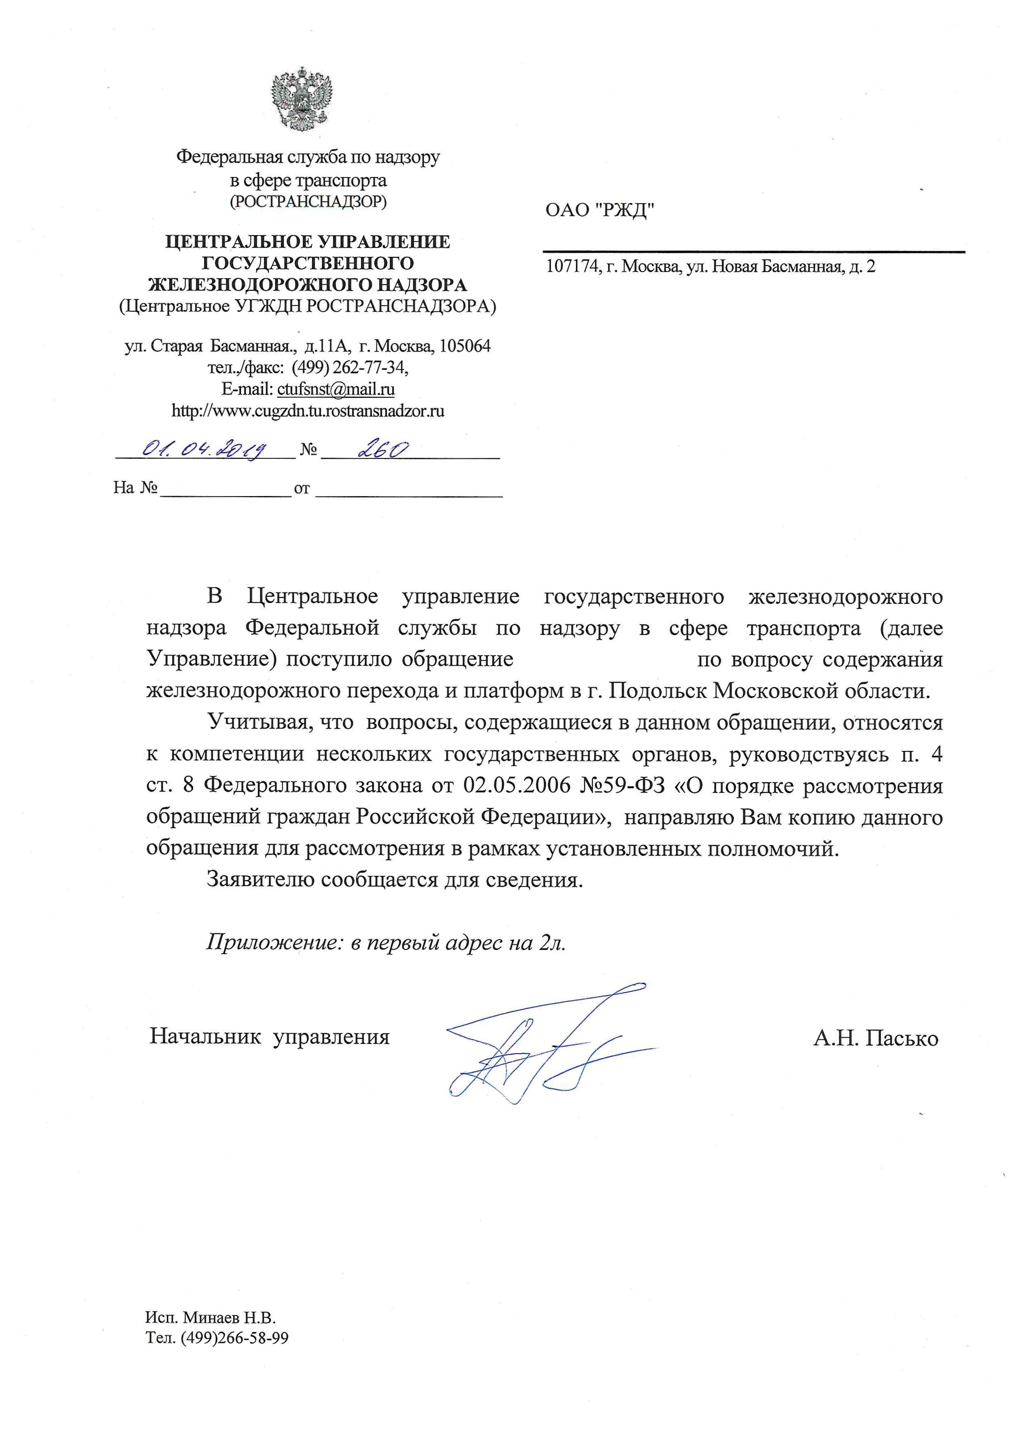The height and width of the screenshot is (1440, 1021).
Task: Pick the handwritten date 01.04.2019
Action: click(205, 449)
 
